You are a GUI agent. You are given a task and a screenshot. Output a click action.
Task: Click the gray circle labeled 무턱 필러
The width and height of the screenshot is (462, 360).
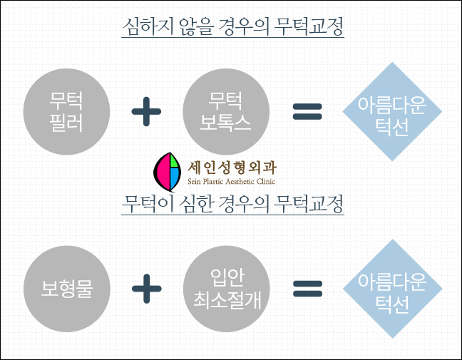68,111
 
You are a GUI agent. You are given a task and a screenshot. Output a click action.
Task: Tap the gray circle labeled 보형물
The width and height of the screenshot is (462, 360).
68,289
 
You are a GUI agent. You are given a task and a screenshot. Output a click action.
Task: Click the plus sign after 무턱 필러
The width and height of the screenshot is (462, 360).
146,111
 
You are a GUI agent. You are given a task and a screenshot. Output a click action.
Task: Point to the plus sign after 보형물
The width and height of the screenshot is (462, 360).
146,289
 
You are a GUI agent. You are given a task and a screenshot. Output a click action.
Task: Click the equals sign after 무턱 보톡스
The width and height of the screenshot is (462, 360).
307,110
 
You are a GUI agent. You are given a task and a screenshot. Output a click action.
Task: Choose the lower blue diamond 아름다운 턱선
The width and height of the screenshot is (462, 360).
391,289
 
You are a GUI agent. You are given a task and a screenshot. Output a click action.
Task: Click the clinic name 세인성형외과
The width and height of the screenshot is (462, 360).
232,167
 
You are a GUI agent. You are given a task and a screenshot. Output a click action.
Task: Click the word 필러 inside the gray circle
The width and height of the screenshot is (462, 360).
68,123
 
